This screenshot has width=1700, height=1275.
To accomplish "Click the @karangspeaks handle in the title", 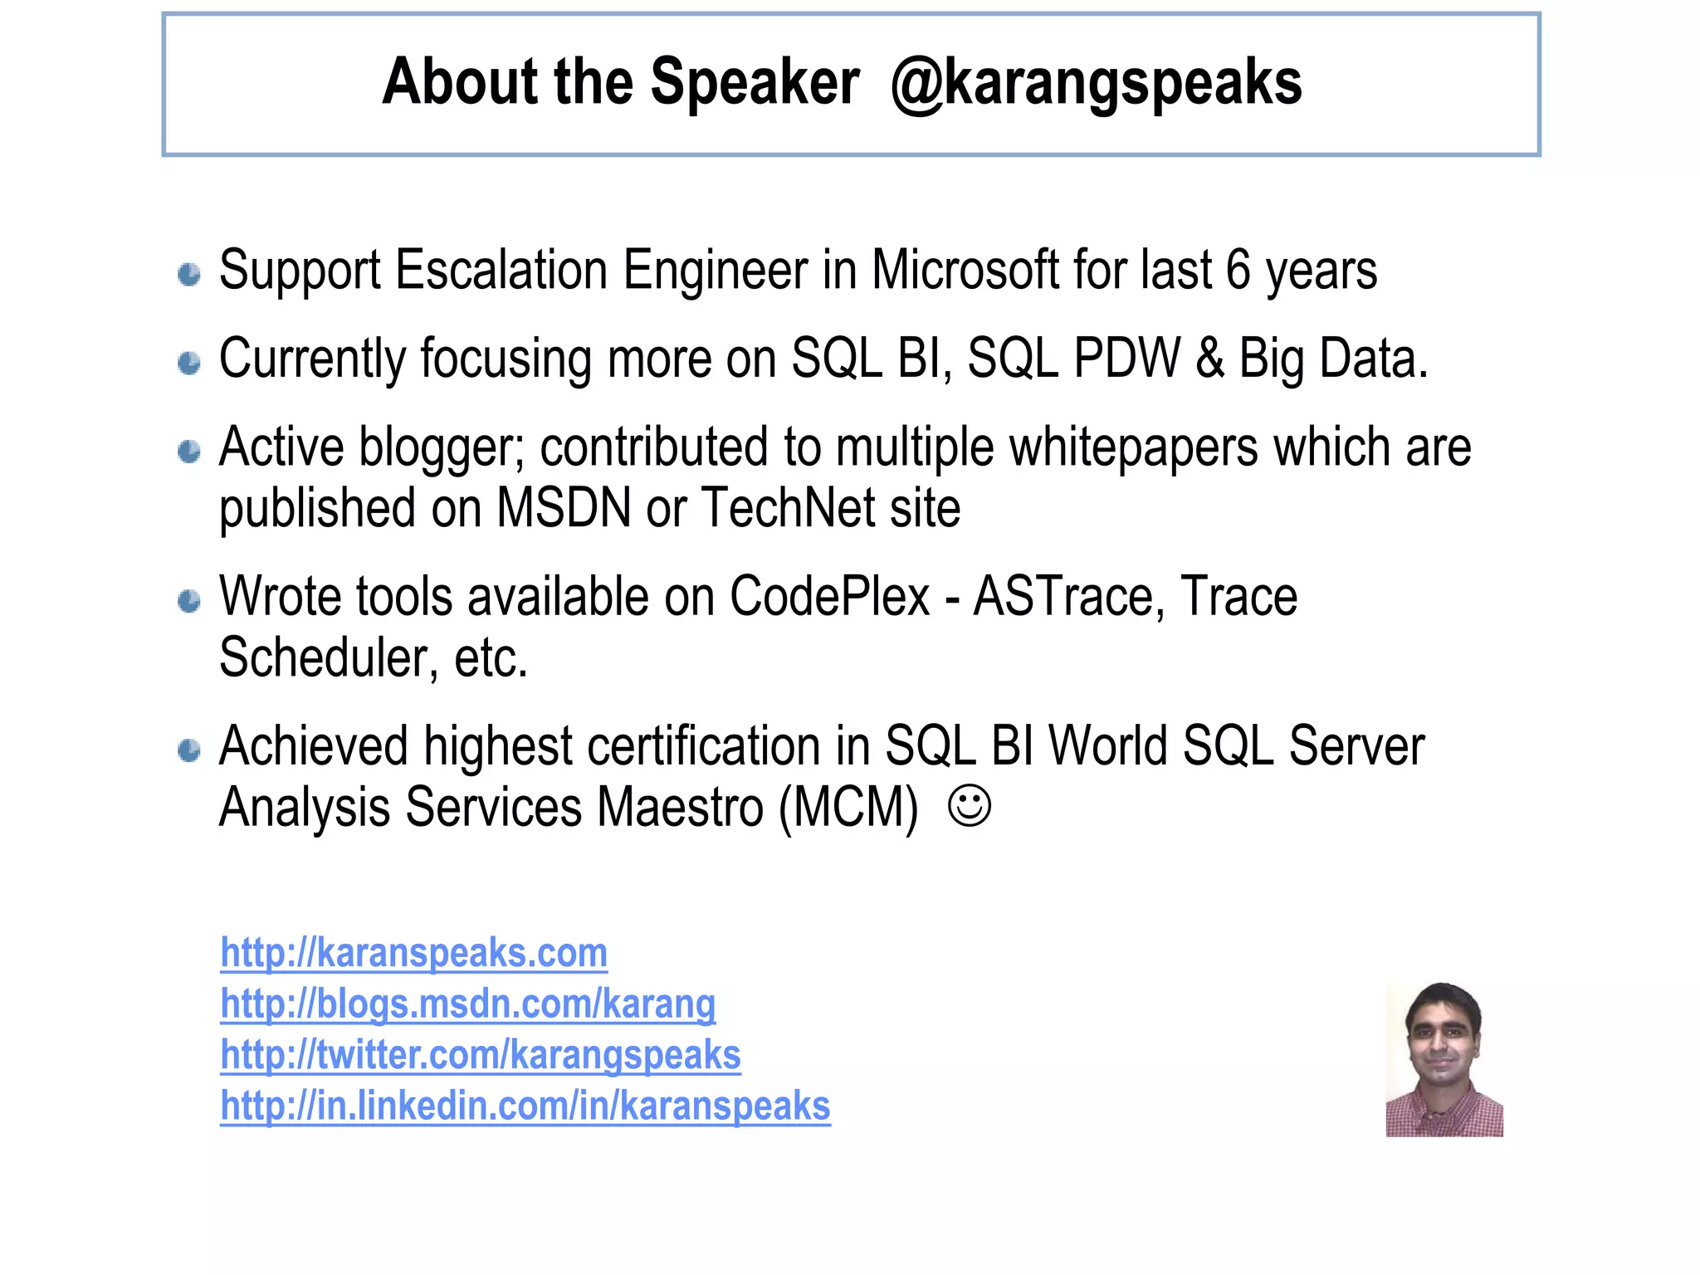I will coord(1096,83).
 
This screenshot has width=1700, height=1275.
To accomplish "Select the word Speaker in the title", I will coord(755,83).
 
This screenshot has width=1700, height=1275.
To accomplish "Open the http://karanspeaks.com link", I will coord(413,953).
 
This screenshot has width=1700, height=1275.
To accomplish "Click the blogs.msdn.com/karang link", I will coord(467,1004).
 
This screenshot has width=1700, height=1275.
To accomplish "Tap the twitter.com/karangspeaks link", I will coord(480,1055).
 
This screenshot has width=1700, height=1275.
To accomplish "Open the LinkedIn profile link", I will coord(525,1106).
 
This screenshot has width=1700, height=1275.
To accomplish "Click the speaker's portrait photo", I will coord(1444,1060).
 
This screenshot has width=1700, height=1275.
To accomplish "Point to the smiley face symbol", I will coord(969,807).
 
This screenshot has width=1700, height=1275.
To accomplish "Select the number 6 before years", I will coord(1238,271).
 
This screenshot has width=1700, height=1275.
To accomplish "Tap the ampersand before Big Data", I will coord(1209,359).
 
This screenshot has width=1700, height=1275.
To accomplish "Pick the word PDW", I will coord(1126,359).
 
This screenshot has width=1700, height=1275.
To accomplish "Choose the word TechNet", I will coord(788,508).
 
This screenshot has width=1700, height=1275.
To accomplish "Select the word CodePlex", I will coord(829,597).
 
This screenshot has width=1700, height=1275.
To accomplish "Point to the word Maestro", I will coord(680,808).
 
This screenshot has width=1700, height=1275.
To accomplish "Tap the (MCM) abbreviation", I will coord(848,808).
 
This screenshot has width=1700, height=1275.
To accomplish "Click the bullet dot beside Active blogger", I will coord(189,452).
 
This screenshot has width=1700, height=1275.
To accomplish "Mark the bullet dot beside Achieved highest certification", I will coord(189,750).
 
